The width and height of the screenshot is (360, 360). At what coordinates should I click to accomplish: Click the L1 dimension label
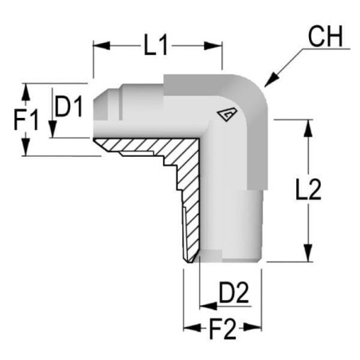pyautogui.click(x=155, y=45)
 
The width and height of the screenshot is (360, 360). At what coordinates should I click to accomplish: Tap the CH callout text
pyautogui.click(x=326, y=37)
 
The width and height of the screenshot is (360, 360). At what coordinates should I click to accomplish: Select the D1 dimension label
pyautogui.click(x=68, y=107)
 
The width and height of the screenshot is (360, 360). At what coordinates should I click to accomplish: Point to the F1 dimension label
pyautogui.click(x=26, y=120)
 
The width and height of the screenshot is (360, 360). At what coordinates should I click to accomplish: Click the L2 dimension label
pyautogui.click(x=308, y=190)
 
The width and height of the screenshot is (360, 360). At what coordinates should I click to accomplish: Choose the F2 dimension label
pyautogui.click(x=222, y=329)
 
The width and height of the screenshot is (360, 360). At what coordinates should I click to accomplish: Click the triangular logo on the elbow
pyautogui.click(x=227, y=114)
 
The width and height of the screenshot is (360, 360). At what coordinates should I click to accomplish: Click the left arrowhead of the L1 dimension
pyautogui.click(x=101, y=45)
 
